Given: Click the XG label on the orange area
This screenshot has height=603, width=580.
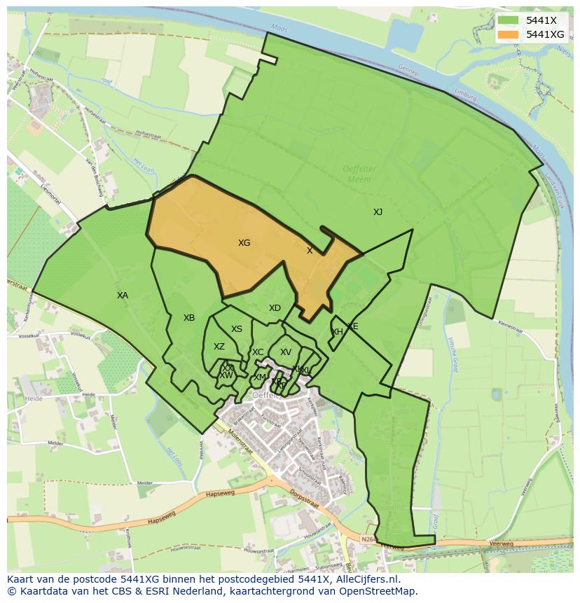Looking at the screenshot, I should tap(244, 243).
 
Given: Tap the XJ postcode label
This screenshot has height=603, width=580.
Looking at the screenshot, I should tap(378, 212).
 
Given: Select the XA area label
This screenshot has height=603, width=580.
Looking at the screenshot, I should tap(123, 296).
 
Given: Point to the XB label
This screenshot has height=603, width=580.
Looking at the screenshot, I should tap(189, 318).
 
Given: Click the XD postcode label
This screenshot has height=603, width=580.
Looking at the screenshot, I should tap(275, 308).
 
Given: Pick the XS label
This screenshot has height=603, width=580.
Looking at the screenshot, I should tap(237, 329).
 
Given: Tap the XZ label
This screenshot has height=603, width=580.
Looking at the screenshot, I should tap(219, 347).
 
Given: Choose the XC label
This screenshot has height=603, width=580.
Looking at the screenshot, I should tap(258, 352).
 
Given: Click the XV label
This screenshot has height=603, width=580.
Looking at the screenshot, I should tap(285, 352).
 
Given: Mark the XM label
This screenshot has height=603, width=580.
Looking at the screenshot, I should tap(260, 377).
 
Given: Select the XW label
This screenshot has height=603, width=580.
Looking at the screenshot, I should tap(226, 375).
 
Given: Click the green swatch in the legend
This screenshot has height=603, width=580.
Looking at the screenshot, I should tap(509, 20).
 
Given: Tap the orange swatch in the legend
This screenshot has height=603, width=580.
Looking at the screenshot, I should tap(509, 34).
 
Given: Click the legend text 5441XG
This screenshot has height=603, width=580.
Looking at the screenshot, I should tap(545, 34).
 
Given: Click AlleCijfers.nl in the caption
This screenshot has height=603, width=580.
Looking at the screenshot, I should tap(365, 579).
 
